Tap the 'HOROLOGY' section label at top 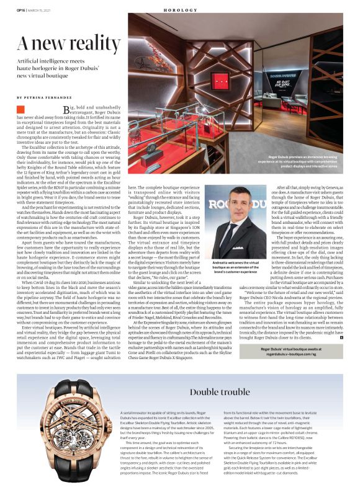coord(181,10)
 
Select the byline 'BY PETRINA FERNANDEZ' coord(45,97)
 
